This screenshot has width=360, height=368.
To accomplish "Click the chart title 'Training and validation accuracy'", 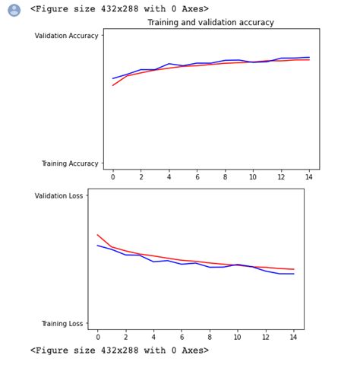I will [x=210, y=23].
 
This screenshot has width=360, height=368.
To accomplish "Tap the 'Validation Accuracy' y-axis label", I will [x=67, y=36].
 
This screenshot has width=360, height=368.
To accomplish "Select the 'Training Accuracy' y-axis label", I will [x=70, y=163].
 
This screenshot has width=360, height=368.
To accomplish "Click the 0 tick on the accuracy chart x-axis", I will [x=113, y=176].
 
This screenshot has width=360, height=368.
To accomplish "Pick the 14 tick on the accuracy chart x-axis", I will [x=309, y=176].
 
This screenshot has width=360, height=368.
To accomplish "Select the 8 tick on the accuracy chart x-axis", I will [x=225, y=176].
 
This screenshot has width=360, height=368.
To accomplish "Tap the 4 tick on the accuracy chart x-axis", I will [x=169, y=176].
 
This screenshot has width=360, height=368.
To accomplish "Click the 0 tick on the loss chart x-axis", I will [x=98, y=337].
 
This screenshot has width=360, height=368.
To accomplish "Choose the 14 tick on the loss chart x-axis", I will [x=294, y=337].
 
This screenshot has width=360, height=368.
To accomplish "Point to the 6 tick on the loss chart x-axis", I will [x=182, y=337].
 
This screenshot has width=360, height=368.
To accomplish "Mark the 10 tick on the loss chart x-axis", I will [x=238, y=337].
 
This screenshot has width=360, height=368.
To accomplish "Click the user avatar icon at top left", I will [x=14, y=10].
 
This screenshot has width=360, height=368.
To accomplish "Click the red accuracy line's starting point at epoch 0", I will [x=113, y=85].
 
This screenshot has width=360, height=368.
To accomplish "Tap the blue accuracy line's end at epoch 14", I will [x=309, y=57].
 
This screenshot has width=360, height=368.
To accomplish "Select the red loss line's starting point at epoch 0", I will [x=98, y=235].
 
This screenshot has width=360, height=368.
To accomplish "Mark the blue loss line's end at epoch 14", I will [x=294, y=274].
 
